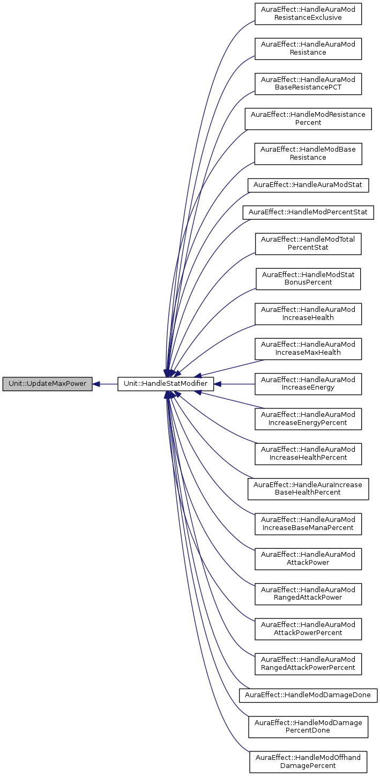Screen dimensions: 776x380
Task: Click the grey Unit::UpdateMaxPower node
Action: coord(47,384)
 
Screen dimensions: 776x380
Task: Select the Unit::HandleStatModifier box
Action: coord(166,384)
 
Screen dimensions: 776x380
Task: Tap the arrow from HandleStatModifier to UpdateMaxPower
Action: coord(105,384)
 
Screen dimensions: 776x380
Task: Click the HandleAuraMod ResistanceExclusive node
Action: coord(308,13)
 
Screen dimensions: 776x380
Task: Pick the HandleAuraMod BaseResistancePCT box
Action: coord(308,83)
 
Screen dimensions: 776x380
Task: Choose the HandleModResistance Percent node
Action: coord(308,118)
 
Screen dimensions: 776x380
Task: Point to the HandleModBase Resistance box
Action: coord(308,153)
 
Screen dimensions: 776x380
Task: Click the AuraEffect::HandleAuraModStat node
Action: coord(308,185)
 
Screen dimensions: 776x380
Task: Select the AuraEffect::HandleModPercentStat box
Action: coord(308,213)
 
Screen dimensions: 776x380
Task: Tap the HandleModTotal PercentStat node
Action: coord(308,244)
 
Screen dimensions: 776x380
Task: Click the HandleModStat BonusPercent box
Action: coord(308,279)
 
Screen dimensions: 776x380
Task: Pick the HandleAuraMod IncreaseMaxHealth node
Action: coord(308,348)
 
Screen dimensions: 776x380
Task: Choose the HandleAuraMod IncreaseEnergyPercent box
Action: coord(308,419)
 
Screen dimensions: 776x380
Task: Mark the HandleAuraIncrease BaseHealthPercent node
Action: coord(308,488)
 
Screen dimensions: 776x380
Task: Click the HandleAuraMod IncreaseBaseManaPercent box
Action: coord(308,524)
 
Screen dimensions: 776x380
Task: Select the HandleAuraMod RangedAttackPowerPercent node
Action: coord(308,663)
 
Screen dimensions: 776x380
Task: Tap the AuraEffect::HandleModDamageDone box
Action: coord(308,695)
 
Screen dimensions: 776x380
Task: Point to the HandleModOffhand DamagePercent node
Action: coord(308,762)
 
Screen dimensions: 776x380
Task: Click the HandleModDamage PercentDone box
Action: coord(308,726)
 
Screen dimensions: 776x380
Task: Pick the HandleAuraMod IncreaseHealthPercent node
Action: coord(308,453)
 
